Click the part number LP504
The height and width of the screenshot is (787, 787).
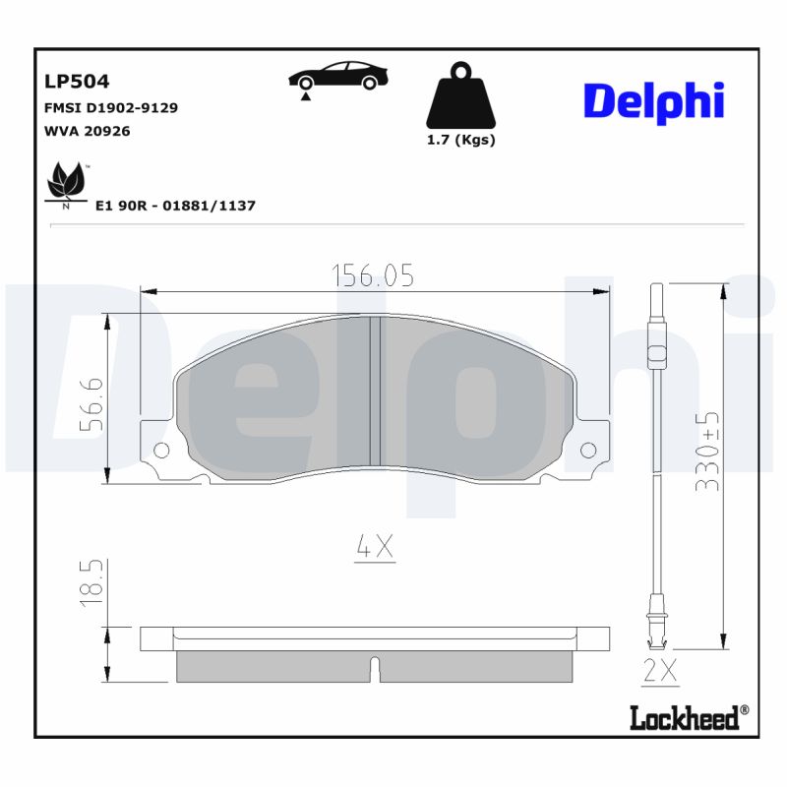click(77, 82)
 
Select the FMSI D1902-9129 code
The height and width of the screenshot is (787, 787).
click(111, 107)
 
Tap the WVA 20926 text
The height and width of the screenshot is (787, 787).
click(88, 131)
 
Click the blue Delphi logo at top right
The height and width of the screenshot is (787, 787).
click(653, 101)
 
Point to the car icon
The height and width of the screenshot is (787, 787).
click(337, 78)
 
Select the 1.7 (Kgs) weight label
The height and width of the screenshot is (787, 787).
click(460, 140)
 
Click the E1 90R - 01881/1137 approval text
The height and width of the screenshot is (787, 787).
click(175, 206)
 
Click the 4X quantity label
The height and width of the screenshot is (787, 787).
click(374, 548)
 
